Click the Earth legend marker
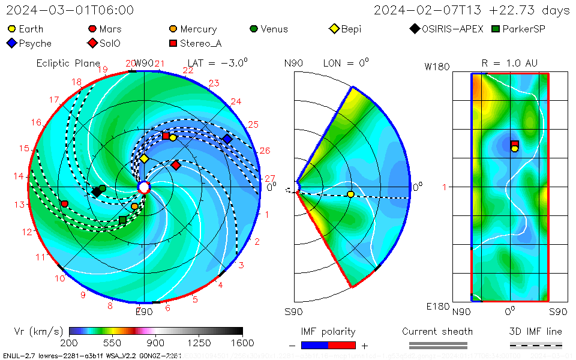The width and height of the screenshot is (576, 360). pyautogui.click(x=11, y=29)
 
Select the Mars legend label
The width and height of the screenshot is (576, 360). pyautogui.click(x=110, y=29)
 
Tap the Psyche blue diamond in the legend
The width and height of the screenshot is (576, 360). pyautogui.click(x=11, y=43)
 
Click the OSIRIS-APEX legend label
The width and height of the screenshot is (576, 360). pyautogui.click(x=452, y=29)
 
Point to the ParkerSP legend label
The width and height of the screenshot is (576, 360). pyautogui.click(x=524, y=29)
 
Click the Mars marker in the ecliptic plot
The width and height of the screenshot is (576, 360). pyautogui.click(x=64, y=204)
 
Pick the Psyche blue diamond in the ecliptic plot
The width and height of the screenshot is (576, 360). pyautogui.click(x=227, y=139)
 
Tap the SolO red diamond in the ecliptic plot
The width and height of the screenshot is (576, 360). pyautogui.click(x=176, y=165)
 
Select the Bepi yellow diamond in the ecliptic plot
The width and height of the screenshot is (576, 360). pyautogui.click(x=144, y=158)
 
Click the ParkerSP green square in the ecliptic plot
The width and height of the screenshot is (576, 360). pyautogui.click(x=123, y=220)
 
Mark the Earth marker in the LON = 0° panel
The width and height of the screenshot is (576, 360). pyautogui.click(x=350, y=194)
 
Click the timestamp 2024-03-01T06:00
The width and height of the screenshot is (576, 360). pyautogui.click(x=70, y=10)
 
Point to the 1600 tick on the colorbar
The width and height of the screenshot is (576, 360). pyautogui.click(x=242, y=343)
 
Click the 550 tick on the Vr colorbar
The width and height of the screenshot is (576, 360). pyautogui.click(x=112, y=343)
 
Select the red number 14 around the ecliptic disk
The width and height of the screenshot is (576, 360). pyautogui.click(x=19, y=176)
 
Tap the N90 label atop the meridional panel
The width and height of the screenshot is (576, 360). pyautogui.click(x=293, y=63)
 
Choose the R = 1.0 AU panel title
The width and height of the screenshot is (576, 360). pyautogui.click(x=509, y=63)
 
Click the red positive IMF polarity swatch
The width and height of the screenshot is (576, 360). pyautogui.click(x=342, y=345)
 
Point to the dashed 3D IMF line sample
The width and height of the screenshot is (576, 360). pyautogui.click(x=536, y=345)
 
